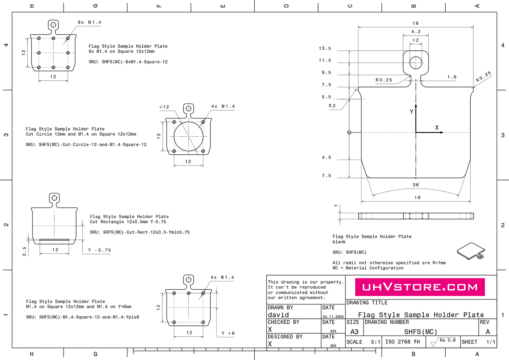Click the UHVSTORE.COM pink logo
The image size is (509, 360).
click(420, 287)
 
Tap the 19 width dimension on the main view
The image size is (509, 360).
click(416, 23)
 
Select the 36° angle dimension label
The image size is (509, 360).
click(416, 185)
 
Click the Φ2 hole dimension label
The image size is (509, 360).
click(416, 40)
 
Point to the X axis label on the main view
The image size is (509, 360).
click(437, 128)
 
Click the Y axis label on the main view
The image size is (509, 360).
click(411, 112)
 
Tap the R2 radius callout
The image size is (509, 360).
click(332, 106)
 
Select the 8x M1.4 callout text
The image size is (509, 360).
click(89, 22)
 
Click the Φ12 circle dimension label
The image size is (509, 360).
click(164, 107)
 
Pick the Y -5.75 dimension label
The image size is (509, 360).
click(99, 250)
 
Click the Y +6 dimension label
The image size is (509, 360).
click(228, 333)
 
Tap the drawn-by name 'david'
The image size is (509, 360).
click(278, 315)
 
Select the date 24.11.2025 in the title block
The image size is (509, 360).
click(333, 317)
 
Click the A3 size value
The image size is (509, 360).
click(354, 332)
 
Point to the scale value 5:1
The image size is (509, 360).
click(375, 342)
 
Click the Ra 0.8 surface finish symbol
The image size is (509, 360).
click(443, 341)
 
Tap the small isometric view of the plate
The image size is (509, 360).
click(471, 251)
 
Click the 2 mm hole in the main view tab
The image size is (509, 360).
click(416, 63)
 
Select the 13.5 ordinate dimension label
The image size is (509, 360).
click(325, 49)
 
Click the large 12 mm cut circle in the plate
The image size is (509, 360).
click(188, 136)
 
